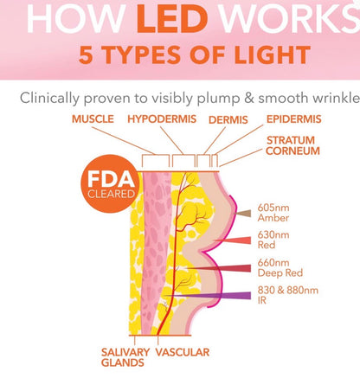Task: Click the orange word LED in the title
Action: pos(172,19)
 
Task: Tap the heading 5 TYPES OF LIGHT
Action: pos(195,55)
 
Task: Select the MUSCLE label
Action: pos(93,119)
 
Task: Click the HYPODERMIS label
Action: pos(162,119)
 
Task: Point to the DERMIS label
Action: pos(228,119)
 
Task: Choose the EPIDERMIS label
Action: pos(293,119)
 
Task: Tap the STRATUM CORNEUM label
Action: pos(292,145)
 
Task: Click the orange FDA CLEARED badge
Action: pos(110,184)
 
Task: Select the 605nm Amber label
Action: pos(273,213)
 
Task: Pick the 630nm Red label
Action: pos(273,240)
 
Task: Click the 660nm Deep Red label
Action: pos(280,268)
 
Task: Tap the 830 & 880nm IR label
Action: pos(288,295)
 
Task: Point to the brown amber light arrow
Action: pos(242,214)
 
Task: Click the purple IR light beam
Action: pos(207,296)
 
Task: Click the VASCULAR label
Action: pos(183,352)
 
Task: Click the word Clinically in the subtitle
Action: pos(49,99)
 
